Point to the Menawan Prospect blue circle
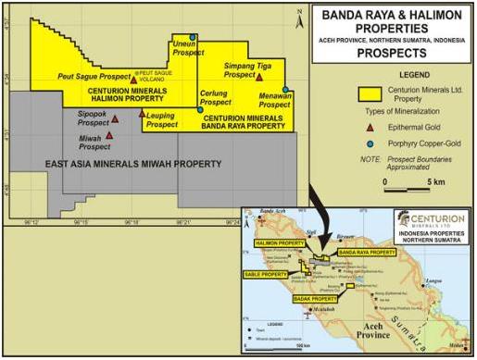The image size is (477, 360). tap(286, 90)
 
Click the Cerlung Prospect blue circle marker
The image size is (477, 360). tap(199, 109)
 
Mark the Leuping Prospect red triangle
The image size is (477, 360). tap(142, 114)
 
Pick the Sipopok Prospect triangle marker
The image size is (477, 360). tap(115, 119)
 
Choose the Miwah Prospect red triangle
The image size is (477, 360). tap(109, 135)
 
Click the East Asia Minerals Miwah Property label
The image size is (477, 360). tap(134, 163)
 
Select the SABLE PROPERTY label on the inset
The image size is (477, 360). tap(267, 275)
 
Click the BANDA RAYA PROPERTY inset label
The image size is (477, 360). tap(359, 252)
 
